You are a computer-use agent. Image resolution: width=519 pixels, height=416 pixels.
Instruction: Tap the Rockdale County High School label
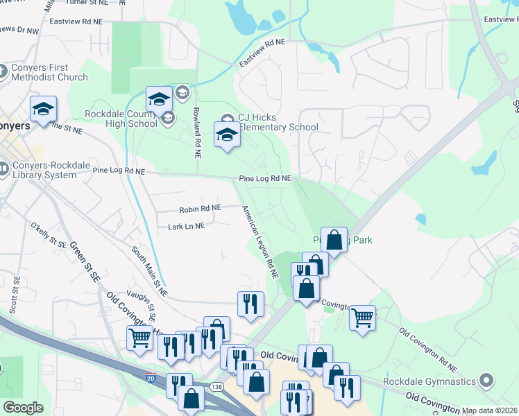point(121,119)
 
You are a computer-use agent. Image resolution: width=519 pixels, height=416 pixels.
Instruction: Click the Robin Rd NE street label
point(200,208)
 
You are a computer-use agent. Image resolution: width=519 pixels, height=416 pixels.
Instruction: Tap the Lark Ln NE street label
point(187,226)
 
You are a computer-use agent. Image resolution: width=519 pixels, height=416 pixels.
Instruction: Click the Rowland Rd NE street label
point(198,135)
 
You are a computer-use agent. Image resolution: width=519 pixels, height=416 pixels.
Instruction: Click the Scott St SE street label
point(14,294)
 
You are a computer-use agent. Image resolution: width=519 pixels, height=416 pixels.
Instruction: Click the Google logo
point(23,408)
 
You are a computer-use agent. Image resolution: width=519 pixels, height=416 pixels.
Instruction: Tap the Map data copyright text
point(490,410)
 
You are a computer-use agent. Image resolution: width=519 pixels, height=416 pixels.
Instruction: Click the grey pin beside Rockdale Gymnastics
point(487,381)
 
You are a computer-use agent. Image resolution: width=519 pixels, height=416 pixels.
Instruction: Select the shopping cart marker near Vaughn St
point(139,338)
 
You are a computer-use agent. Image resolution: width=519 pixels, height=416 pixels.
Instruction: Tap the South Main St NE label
point(150,270)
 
